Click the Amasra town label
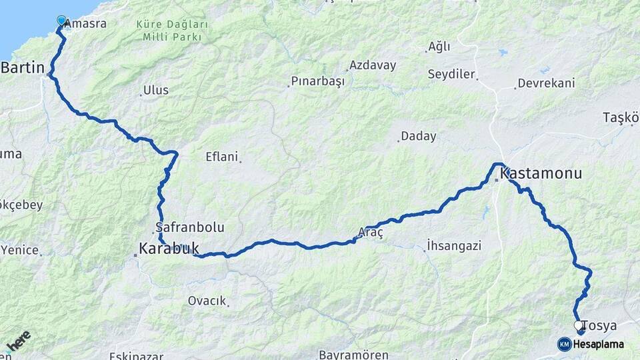click(87, 23)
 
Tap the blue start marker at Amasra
click(62, 21)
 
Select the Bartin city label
click(23, 67)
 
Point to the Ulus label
click(157, 90)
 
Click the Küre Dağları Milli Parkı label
click(172, 30)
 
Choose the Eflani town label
click(221, 157)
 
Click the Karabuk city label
click(169, 249)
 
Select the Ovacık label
click(207, 301)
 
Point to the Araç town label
click(371, 232)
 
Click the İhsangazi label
click(454, 246)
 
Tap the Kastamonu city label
click(541, 174)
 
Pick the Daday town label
click(419, 137)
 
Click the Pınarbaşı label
click(318, 81)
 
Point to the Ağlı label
click(439, 47)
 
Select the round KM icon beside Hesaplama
click(565, 344)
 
